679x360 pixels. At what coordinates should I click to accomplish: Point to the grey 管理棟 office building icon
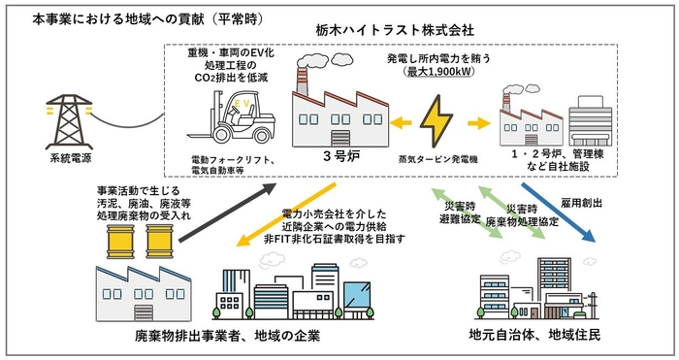[x=591, y=123]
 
